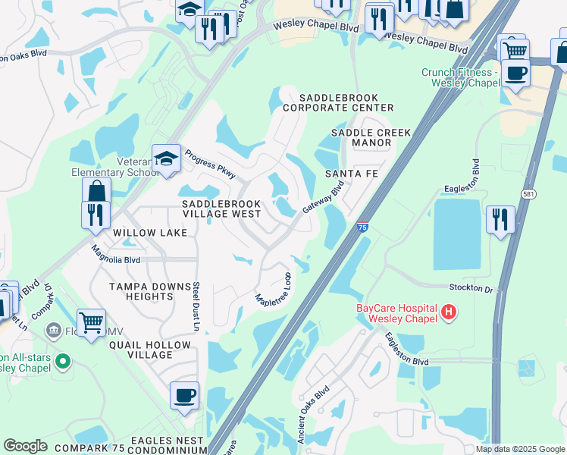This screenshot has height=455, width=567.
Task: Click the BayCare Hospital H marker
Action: click(449, 312)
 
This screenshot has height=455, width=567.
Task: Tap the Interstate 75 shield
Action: click(362, 226)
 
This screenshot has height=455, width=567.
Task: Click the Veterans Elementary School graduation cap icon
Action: click(165, 158)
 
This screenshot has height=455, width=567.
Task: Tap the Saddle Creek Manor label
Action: click(371, 138)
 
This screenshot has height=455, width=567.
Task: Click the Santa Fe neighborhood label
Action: click(351, 174)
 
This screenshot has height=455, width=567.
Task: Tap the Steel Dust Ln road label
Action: click(195, 307)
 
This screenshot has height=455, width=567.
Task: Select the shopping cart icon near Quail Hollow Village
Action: click(91, 322)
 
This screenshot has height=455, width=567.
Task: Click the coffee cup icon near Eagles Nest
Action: click(184, 395)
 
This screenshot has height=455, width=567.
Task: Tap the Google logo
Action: click(25, 446)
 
